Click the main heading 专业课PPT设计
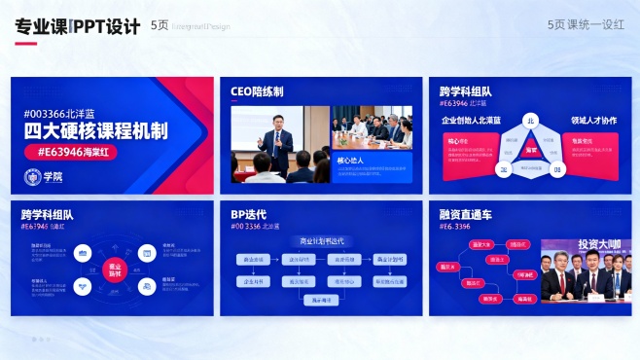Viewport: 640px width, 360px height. [x=78, y=26]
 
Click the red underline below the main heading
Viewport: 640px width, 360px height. [x=26, y=44]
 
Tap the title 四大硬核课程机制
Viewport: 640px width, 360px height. [x=95, y=131]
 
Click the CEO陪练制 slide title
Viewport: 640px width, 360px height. [x=257, y=91]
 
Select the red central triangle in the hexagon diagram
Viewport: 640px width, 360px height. [x=531, y=150]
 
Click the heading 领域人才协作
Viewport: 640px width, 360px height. [x=593, y=121]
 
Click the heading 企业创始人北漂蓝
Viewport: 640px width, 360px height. [x=471, y=121]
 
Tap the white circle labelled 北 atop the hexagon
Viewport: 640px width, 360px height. [x=531, y=121]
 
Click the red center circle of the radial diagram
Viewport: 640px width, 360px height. [x=115, y=269]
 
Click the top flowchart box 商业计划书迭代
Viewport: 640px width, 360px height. [x=321, y=240]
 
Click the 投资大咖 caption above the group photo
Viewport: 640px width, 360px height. [x=597, y=244]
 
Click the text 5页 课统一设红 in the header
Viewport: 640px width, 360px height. [x=586, y=25]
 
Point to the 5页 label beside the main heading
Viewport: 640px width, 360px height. [x=160, y=26]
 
